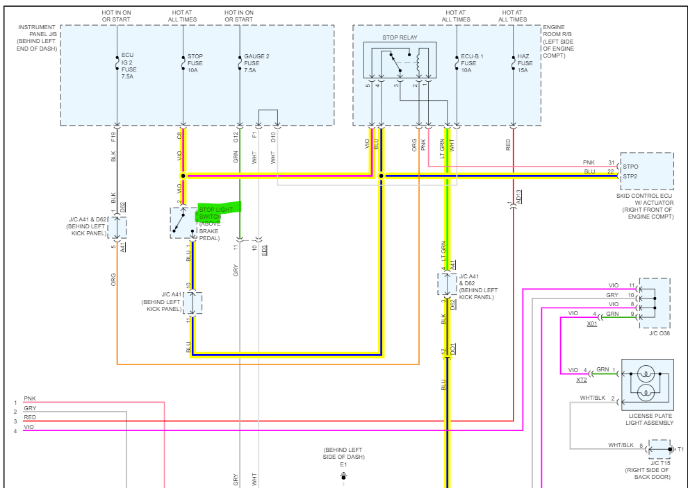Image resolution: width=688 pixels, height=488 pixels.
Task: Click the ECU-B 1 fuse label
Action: coord(472,62)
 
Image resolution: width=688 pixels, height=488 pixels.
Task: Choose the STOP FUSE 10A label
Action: coord(194,62)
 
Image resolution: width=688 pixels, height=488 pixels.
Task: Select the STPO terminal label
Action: coord(631,167)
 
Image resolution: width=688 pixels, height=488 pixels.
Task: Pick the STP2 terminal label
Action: coord(631,176)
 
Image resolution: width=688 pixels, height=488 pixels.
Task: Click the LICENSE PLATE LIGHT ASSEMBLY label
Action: coord(647,419)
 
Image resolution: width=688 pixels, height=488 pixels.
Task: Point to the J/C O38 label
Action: coord(657,333)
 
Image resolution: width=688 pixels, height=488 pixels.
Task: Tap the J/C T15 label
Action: coord(660,462)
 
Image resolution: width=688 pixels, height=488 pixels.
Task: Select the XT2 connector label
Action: coord(582,380)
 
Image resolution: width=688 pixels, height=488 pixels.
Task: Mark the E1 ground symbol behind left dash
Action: coord(343,477)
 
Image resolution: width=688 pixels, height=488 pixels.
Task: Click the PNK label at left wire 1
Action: coord(30,398)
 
